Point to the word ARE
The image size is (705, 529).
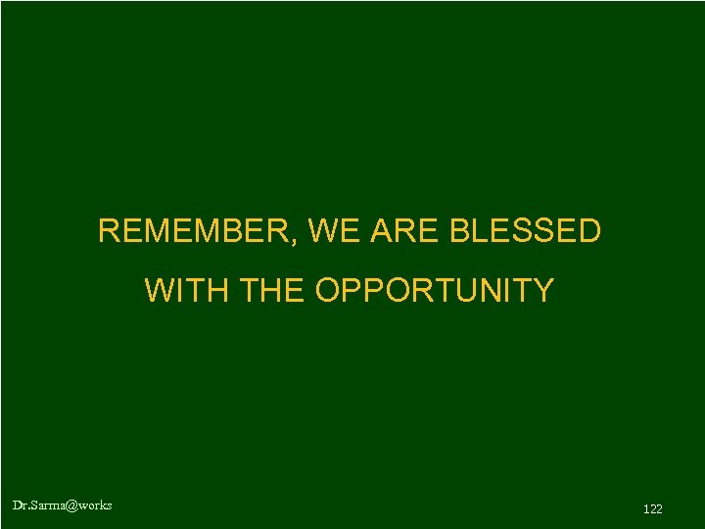point(399,231)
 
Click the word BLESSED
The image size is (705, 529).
point(525,231)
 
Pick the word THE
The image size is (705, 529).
point(272,291)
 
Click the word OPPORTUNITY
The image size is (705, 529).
point(435,291)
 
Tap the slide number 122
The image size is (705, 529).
point(653,508)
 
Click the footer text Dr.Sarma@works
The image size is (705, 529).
point(62,505)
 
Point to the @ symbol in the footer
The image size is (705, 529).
point(70,505)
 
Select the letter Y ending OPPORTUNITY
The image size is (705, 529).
point(543,291)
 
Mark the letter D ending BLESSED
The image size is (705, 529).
point(588,231)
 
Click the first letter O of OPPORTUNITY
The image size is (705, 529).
point(328,291)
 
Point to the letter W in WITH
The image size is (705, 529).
point(159,291)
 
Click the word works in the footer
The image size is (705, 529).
point(95,505)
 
